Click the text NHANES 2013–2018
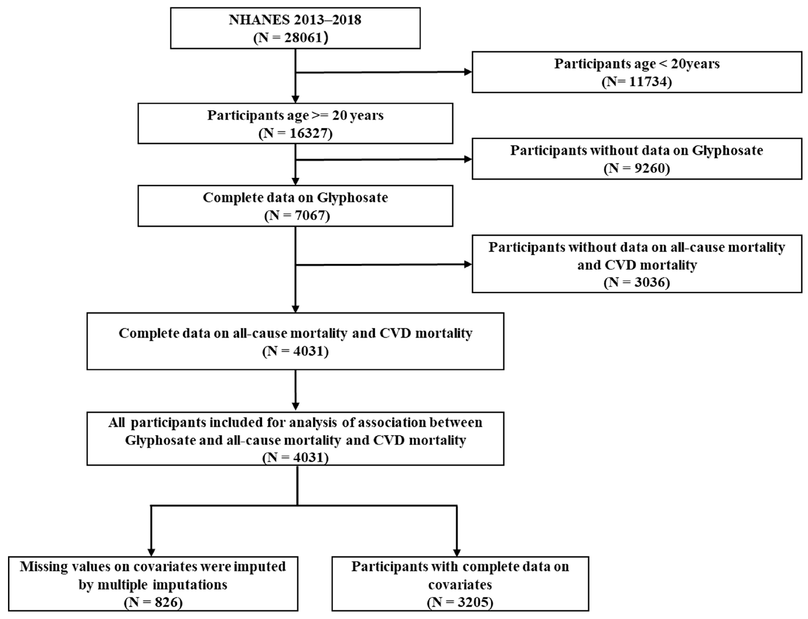295,20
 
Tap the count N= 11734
637,81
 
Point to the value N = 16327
295,133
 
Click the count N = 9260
637,168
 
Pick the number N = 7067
297,215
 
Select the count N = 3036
637,282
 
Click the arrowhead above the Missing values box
151,552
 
